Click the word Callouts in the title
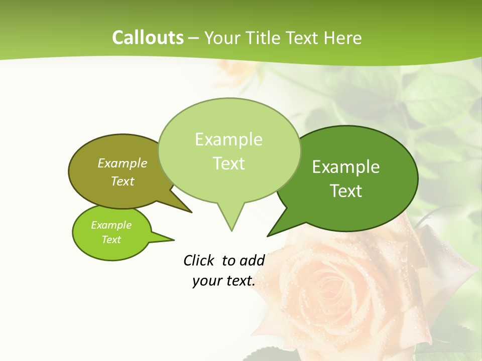click(x=148, y=38)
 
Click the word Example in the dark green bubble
click(x=346, y=167)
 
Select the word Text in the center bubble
click(x=229, y=163)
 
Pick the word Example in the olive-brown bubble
click(x=123, y=163)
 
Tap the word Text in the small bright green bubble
click(x=111, y=240)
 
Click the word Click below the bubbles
click(x=199, y=260)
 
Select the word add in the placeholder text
click(x=253, y=260)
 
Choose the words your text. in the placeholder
click(x=224, y=281)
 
